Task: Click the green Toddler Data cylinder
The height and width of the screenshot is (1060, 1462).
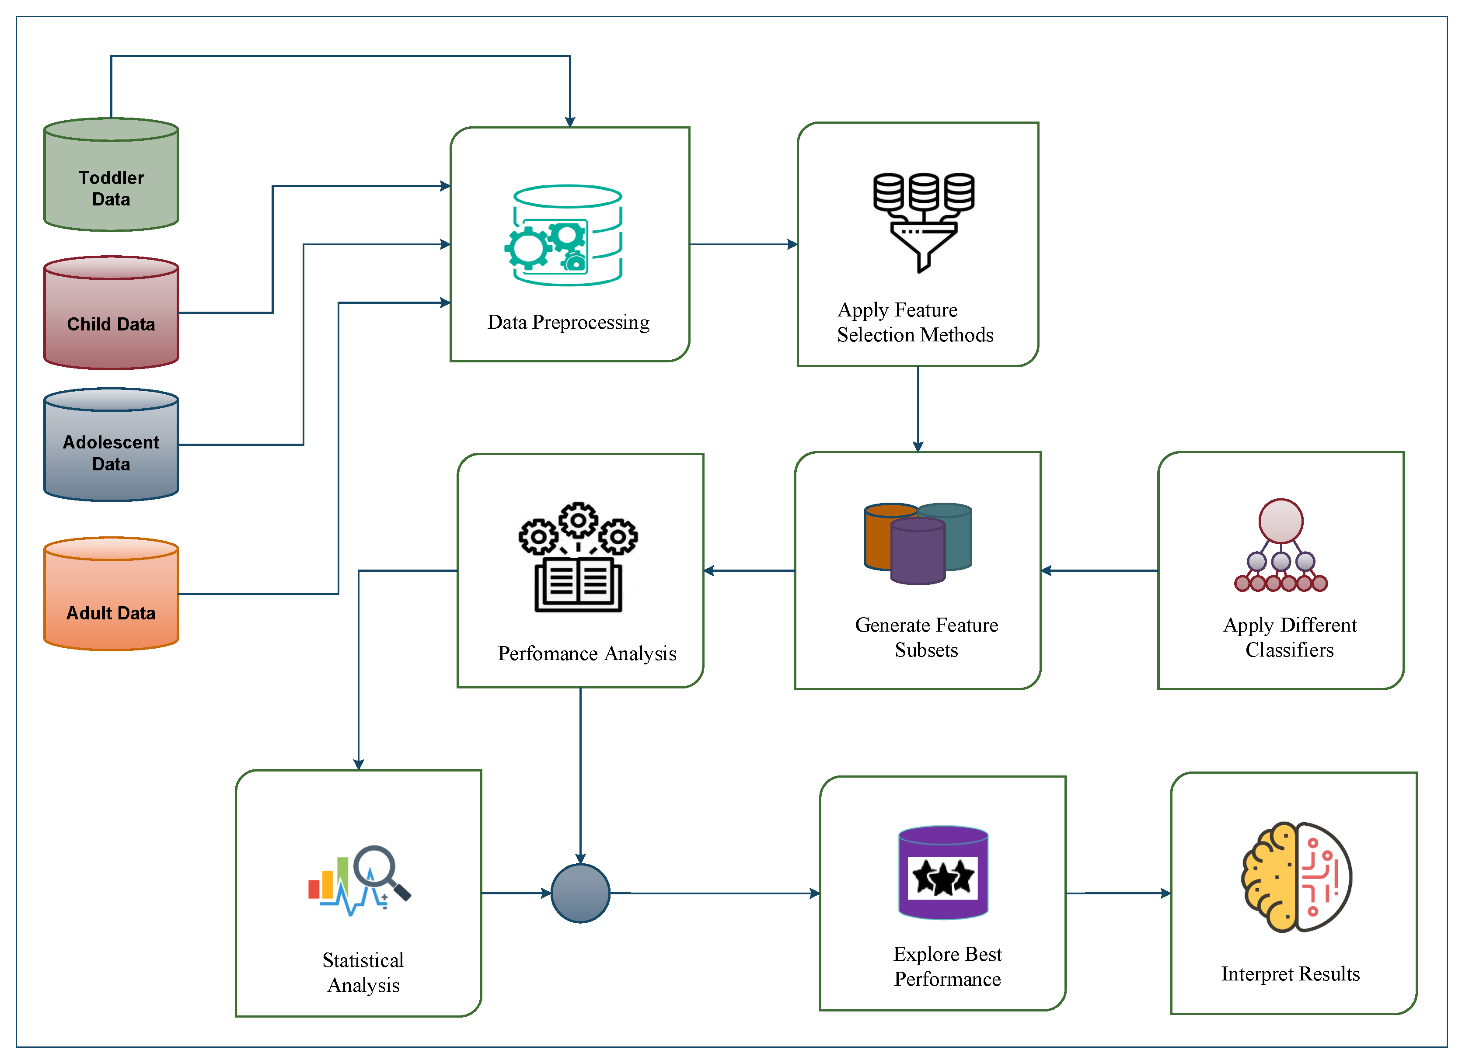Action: point(111,174)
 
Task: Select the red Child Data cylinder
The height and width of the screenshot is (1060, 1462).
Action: point(111,313)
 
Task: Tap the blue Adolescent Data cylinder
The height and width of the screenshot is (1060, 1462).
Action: point(111,445)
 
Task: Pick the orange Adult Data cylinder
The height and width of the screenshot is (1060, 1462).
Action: point(111,594)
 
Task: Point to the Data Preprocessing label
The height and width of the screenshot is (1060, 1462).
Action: point(569,322)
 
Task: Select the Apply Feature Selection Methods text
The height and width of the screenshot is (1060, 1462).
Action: point(915,322)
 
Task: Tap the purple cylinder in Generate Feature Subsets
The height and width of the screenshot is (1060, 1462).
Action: point(918,551)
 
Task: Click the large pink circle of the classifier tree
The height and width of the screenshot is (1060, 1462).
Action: point(1281,521)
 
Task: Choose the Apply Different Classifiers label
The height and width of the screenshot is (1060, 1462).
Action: point(1290,636)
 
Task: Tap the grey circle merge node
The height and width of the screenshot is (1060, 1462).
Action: point(580,893)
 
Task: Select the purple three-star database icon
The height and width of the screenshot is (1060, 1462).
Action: point(943,872)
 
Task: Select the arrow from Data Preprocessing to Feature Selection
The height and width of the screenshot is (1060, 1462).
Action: point(744,244)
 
